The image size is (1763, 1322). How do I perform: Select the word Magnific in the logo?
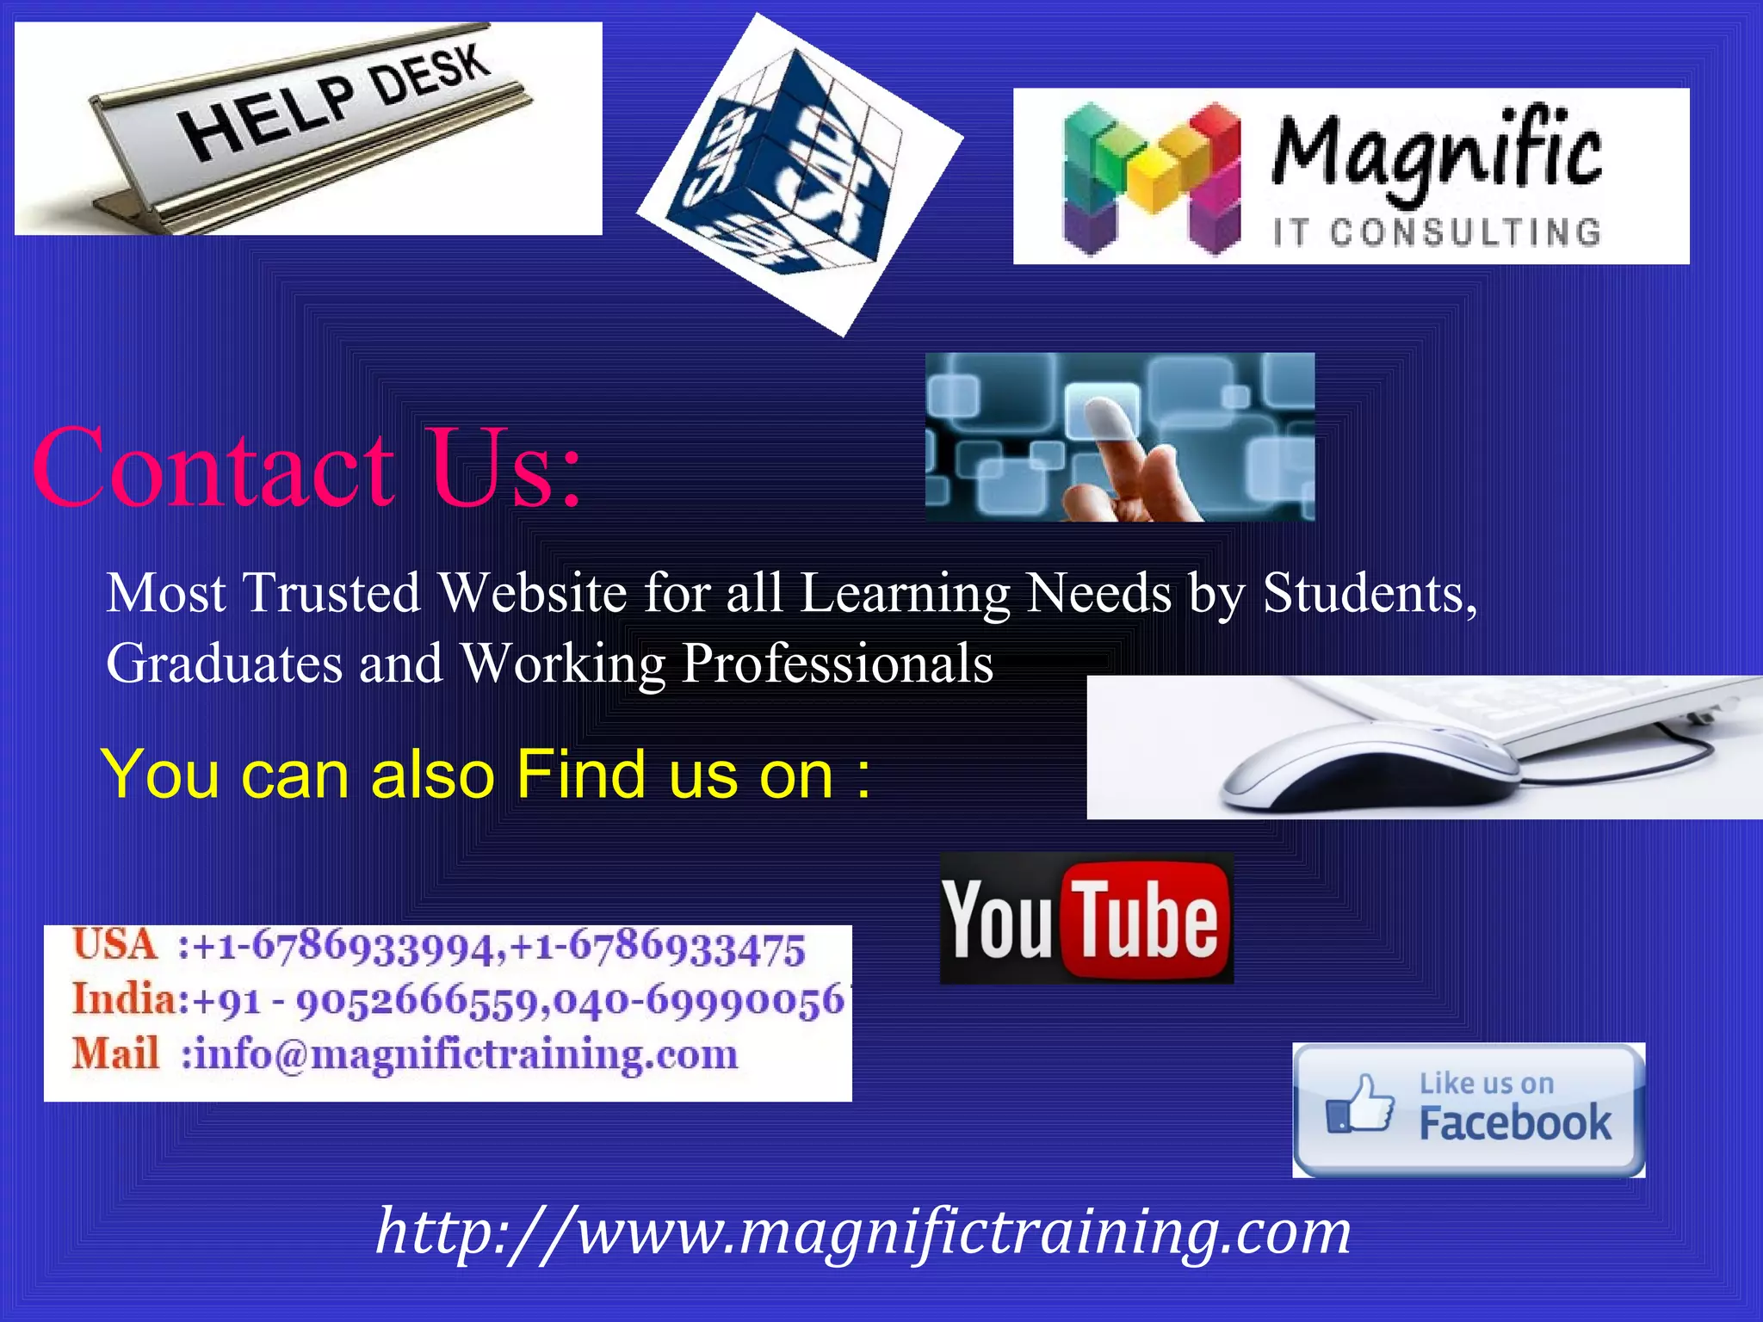point(1436,153)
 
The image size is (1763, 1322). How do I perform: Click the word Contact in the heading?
point(213,469)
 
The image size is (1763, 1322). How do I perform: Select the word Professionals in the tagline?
point(837,664)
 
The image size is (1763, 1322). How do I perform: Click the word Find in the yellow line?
point(580,775)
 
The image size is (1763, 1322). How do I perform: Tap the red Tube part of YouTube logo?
point(1147,921)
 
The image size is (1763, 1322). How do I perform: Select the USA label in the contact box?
point(114,945)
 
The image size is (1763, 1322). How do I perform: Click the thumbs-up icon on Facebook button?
point(1360,1106)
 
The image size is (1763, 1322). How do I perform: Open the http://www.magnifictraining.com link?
point(863,1232)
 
